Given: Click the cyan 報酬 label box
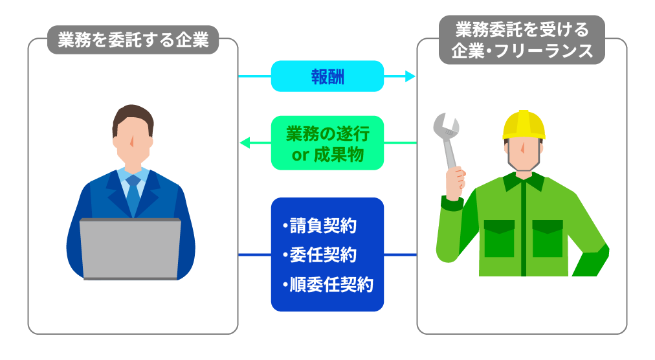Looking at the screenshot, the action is pyautogui.click(x=327, y=76).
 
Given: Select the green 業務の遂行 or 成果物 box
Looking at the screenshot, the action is pyautogui.click(x=327, y=143).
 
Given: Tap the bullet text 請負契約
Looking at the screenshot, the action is pyautogui.click(x=320, y=226).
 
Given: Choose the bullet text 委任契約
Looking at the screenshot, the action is pyautogui.click(x=320, y=255).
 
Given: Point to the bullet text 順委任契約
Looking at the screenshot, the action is pyautogui.click(x=328, y=284).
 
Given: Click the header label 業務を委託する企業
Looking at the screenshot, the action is pyautogui.click(x=133, y=40).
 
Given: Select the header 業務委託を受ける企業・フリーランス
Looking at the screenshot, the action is pyautogui.click(x=522, y=40).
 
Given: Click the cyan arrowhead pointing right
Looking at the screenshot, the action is pyautogui.click(x=410, y=76).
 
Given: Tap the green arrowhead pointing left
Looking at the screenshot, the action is pyautogui.click(x=245, y=143).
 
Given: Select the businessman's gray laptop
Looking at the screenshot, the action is pyautogui.click(x=130, y=249).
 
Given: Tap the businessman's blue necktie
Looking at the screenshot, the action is pyautogui.click(x=133, y=195).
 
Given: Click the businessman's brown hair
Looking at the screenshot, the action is pyautogui.click(x=133, y=118).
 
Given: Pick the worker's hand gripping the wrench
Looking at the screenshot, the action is pyautogui.click(x=455, y=183).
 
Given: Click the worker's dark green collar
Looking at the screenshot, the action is pyautogui.click(x=524, y=181).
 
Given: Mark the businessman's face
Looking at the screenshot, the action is pyautogui.click(x=133, y=140).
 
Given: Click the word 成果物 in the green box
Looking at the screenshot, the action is pyautogui.click(x=339, y=155).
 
